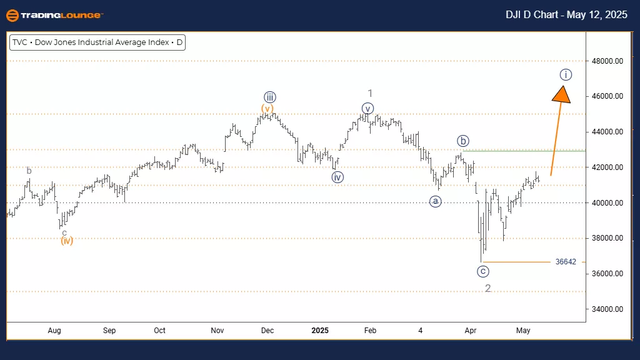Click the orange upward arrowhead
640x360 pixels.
(562, 94)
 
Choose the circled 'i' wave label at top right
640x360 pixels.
(565, 75)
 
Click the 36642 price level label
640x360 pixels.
(565, 262)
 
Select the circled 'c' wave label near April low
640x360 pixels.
(482, 271)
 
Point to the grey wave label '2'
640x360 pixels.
(487, 288)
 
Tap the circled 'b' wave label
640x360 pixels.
(462, 141)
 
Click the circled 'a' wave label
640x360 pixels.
(436, 201)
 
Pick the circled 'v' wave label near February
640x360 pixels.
(367, 109)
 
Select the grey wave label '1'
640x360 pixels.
(370, 92)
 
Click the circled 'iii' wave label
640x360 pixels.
(269, 97)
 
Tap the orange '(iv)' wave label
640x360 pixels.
(67, 241)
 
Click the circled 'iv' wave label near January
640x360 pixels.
(337, 177)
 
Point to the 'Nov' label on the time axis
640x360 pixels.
(217, 330)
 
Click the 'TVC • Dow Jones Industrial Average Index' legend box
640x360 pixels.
(98, 43)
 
